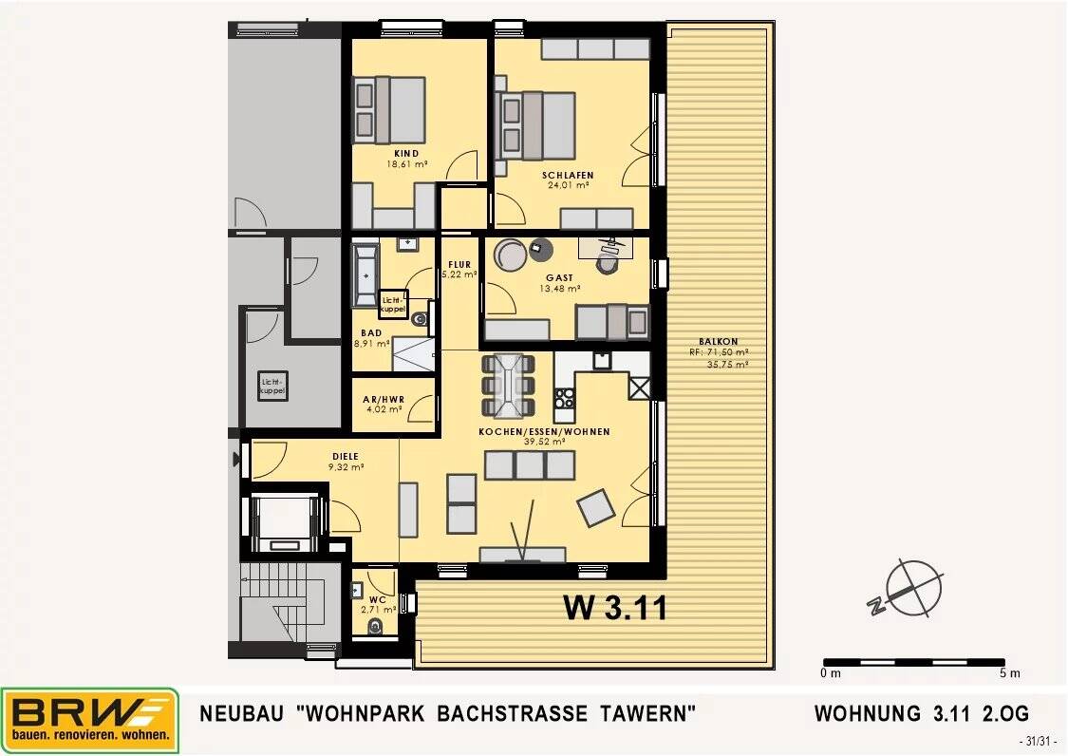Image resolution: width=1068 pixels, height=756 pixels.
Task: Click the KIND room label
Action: (x=406, y=153)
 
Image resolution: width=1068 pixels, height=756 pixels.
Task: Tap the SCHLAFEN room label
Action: (x=568, y=175)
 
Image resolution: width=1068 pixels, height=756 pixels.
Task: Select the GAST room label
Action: (x=560, y=278)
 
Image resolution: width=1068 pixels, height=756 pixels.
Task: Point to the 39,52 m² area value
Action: (x=545, y=442)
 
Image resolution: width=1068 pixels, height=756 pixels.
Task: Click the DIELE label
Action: (x=346, y=457)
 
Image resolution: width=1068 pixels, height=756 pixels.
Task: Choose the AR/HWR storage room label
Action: (x=384, y=400)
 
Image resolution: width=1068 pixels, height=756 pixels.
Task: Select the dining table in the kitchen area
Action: (x=508, y=386)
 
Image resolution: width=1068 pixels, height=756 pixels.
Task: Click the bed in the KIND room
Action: (x=389, y=110)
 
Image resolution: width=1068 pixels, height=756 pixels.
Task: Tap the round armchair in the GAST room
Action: (x=510, y=254)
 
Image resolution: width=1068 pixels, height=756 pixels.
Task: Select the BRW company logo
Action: (x=90, y=721)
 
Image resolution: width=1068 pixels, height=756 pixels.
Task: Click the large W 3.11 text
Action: (x=615, y=608)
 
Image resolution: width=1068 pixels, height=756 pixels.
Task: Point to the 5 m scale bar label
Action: (x=1009, y=673)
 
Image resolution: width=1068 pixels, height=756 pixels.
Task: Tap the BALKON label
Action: (x=718, y=342)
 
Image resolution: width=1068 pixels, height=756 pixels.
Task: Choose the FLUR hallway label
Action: (x=459, y=264)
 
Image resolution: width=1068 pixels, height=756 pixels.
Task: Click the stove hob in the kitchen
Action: (x=565, y=398)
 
